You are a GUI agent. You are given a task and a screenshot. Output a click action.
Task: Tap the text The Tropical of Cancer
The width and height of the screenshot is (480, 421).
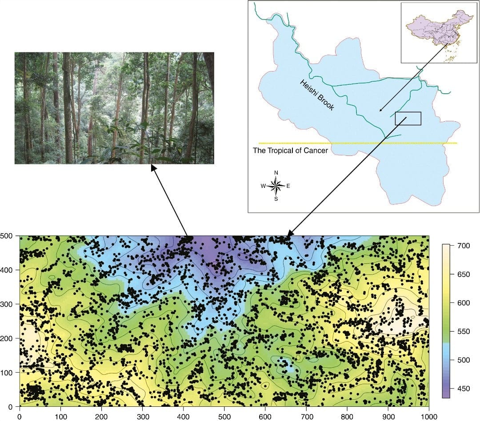tap(290, 151)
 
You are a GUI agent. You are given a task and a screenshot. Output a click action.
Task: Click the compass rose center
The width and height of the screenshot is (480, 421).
tap(276, 186)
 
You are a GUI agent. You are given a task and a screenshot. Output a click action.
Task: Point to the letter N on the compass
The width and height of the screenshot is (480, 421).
tap(276, 173)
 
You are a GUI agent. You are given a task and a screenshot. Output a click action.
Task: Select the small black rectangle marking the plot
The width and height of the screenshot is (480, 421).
tap(408, 119)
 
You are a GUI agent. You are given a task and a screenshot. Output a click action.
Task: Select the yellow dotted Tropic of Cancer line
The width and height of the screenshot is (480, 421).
tap(358, 143)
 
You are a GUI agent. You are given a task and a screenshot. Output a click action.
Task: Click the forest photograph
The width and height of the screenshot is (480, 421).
tap(114, 108)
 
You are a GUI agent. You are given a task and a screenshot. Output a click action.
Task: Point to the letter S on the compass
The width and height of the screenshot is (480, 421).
tap(276, 199)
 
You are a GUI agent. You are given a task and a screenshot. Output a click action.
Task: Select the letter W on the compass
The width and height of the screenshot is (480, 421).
tap(263, 187)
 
